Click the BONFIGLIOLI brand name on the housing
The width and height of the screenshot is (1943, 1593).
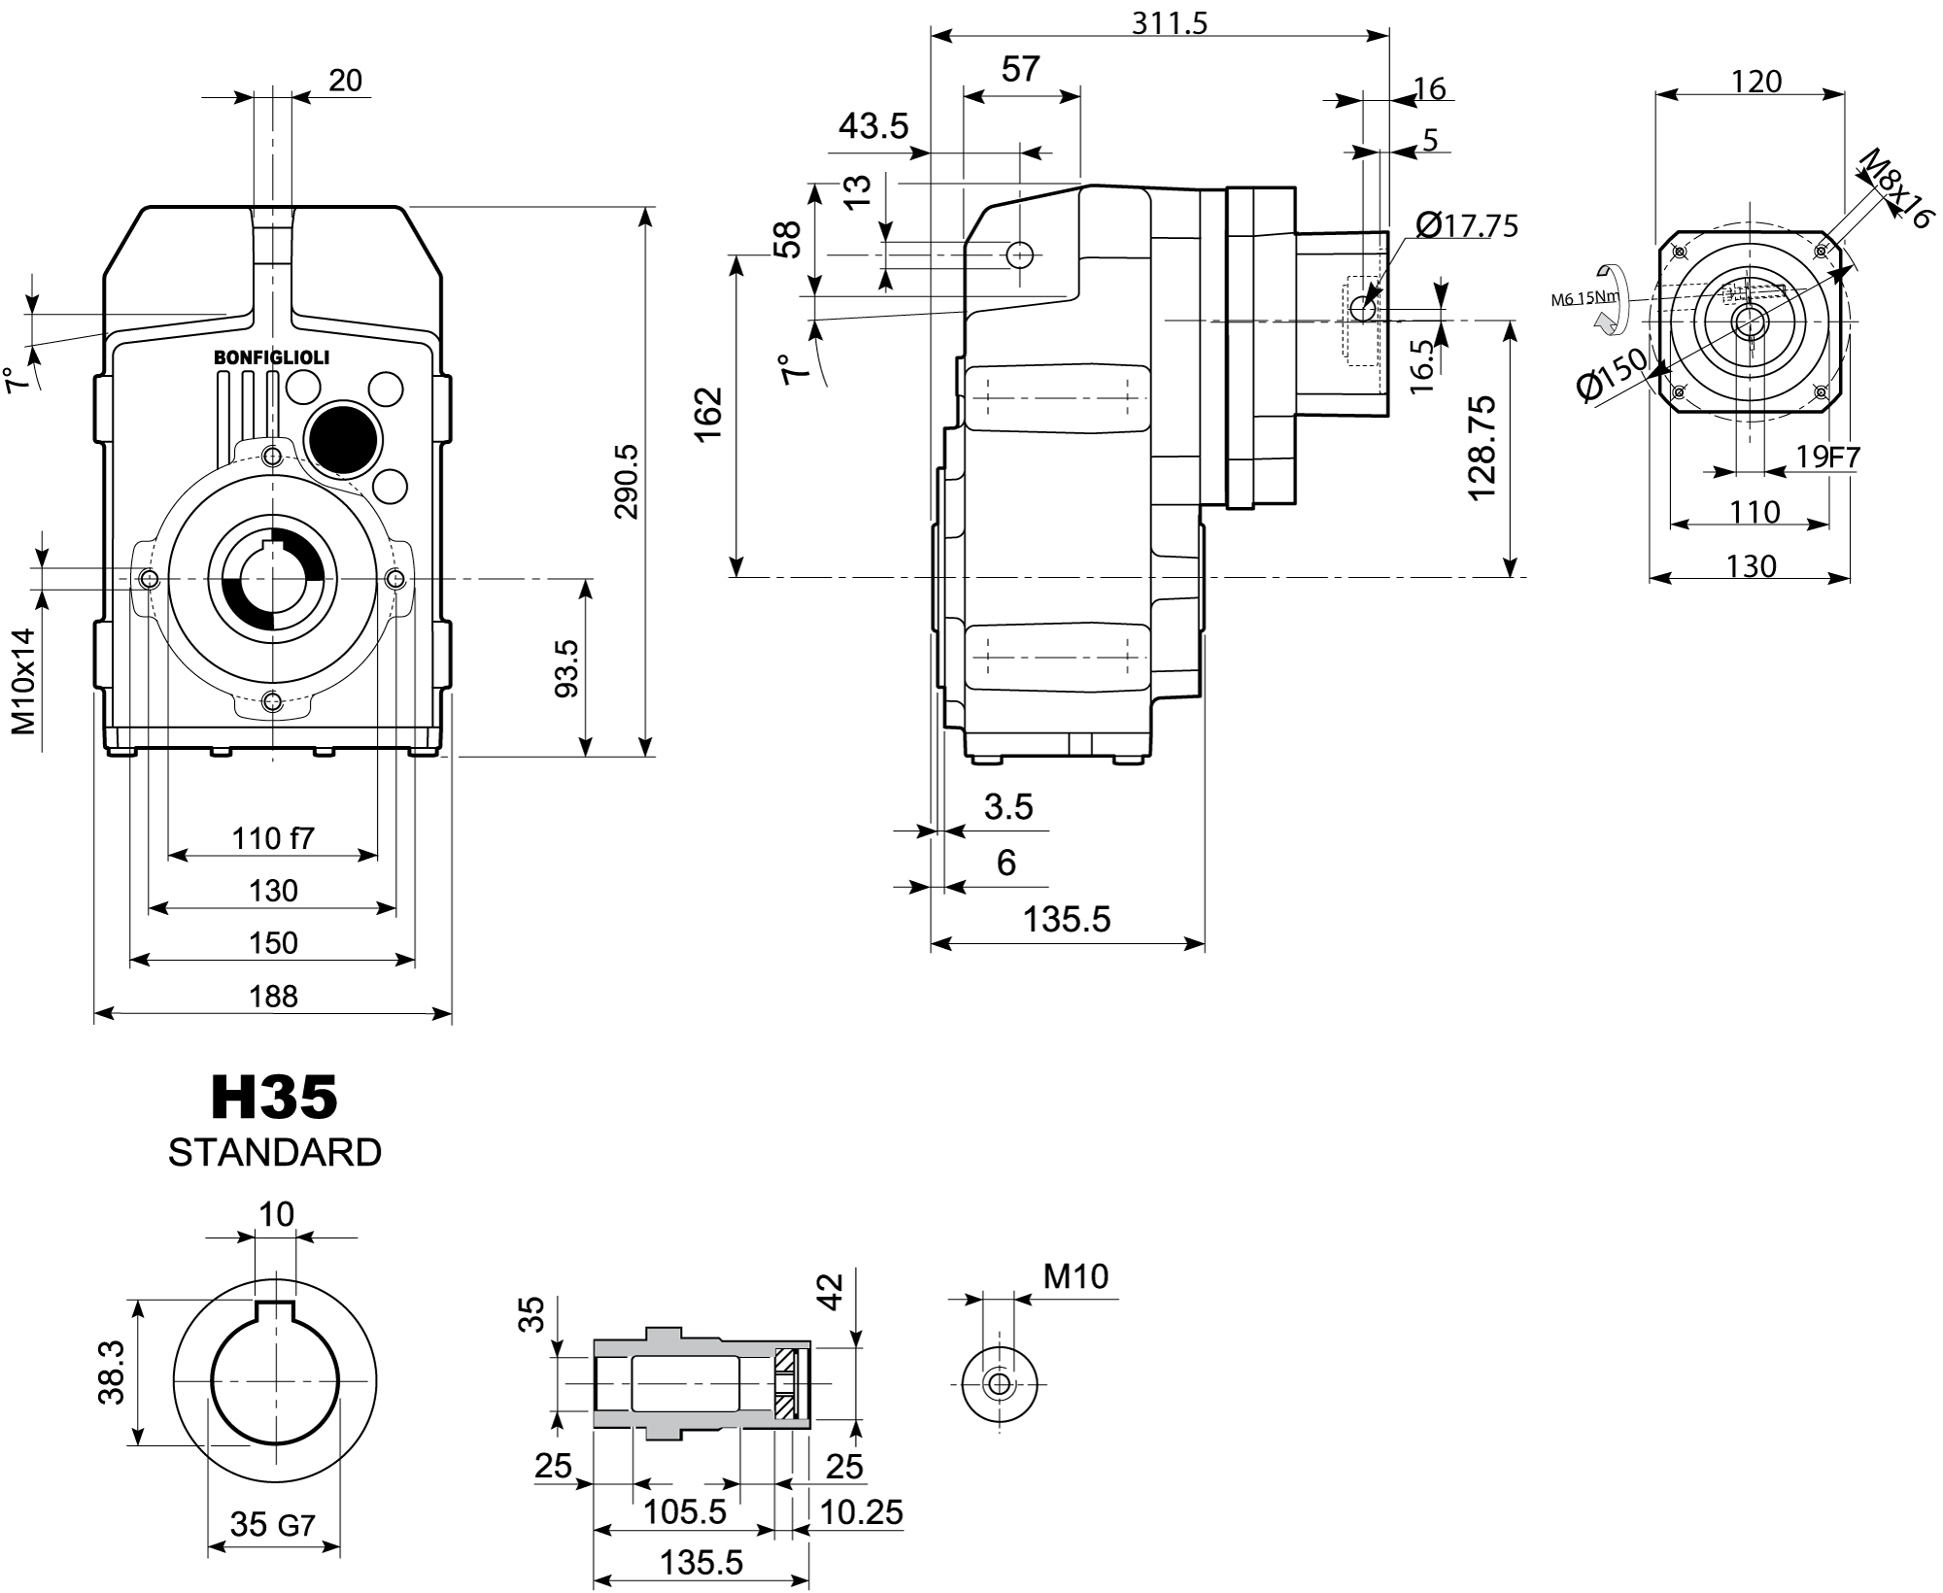(x=271, y=357)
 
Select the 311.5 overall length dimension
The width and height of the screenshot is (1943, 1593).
(x=1169, y=21)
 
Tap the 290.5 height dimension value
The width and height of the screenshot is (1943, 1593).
(x=627, y=481)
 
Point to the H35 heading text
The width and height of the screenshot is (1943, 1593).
(x=274, y=1098)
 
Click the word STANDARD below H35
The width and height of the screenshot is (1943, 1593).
(x=274, y=1153)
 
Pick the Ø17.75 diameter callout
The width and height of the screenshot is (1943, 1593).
(x=1466, y=225)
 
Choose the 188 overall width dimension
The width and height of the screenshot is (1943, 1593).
(x=273, y=996)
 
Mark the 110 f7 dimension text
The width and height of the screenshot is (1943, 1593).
(x=273, y=837)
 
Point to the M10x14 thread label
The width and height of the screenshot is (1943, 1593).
(x=23, y=680)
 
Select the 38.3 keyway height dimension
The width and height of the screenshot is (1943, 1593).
(x=112, y=1373)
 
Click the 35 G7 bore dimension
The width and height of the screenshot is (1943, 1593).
(x=272, y=1525)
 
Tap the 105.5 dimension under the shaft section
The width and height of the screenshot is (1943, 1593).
(x=685, y=1511)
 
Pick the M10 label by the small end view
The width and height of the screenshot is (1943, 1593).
(x=1075, y=1276)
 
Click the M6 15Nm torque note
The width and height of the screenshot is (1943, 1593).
(x=1585, y=298)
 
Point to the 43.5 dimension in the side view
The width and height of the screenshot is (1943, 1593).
(x=872, y=125)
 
